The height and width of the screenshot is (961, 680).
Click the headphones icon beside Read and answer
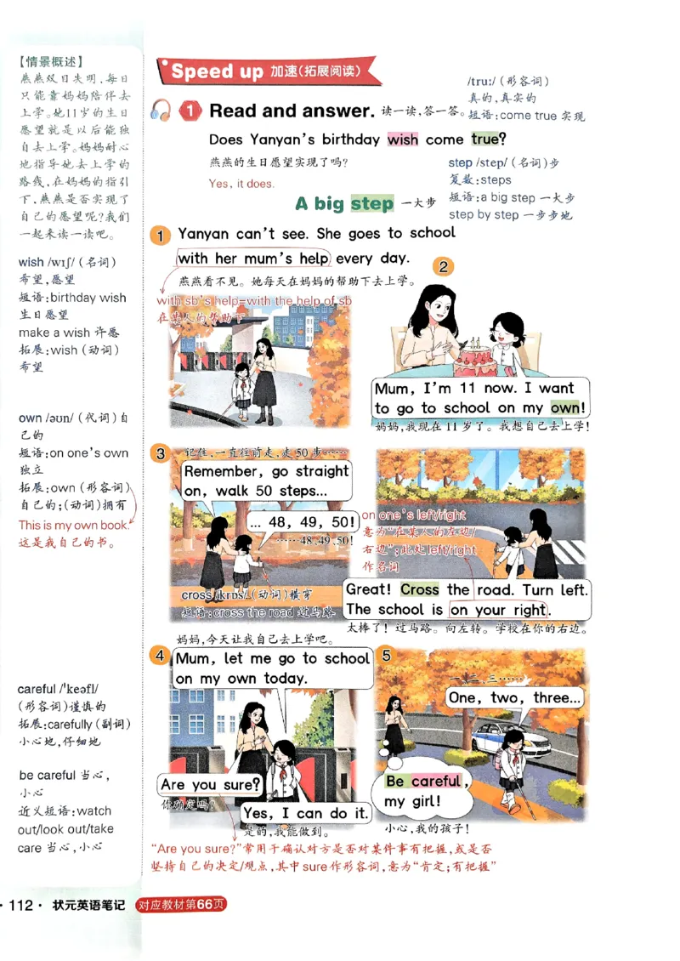(161, 111)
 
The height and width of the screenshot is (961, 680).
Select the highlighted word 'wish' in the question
(402, 139)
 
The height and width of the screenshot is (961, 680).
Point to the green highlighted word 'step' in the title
(372, 203)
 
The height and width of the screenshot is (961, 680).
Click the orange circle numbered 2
(443, 267)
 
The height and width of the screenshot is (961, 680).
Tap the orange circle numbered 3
(161, 453)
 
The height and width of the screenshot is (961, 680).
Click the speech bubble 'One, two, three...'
(514, 697)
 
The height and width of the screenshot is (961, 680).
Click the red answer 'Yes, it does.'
(241, 183)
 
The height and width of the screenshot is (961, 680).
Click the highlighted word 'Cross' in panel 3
(419, 589)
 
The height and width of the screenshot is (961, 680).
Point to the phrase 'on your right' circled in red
(499, 609)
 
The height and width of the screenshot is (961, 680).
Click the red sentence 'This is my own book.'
(73, 526)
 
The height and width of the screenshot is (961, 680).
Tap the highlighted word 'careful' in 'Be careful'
(436, 781)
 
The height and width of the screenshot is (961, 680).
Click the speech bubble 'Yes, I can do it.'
(304, 813)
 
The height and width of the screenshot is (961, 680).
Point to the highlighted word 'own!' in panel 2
(569, 408)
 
